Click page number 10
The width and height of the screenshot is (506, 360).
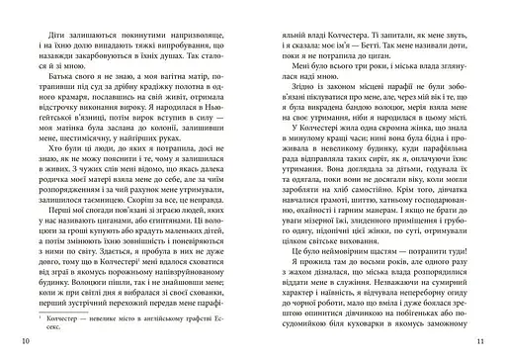(24, 341)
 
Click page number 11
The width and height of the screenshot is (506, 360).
(481, 341)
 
